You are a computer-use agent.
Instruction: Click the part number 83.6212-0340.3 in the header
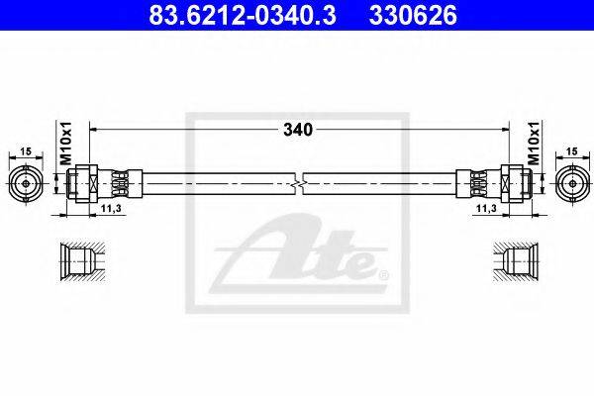coord(243,15)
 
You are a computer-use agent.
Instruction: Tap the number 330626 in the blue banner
coord(413,15)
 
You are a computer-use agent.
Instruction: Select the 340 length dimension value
coord(298,130)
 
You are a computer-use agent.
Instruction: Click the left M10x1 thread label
coord(66,144)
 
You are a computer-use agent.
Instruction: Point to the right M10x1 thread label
coord(534,144)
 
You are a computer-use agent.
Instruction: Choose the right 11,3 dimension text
coord(486,208)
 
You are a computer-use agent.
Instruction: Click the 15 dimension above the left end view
coord(26,151)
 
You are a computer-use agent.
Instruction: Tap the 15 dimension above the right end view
coord(573,151)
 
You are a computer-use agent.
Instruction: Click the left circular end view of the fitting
coord(26,184)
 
